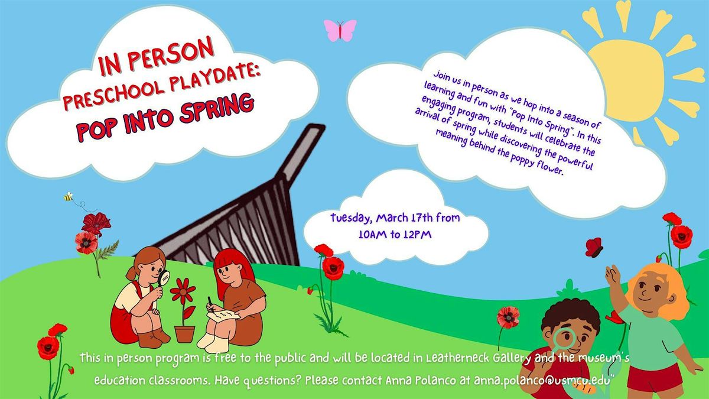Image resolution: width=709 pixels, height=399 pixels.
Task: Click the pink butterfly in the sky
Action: [x=340, y=30]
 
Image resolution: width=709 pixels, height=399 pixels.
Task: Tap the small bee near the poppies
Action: [x=69, y=197]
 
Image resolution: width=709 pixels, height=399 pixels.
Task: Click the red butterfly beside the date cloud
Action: [x=594, y=247]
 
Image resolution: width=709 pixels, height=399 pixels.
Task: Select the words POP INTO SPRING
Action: [x=165, y=117]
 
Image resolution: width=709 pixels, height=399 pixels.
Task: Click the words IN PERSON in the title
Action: [x=157, y=56]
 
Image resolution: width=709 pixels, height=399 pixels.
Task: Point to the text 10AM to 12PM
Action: [x=395, y=235]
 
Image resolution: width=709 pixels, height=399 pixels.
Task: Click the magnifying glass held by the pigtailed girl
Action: [x=163, y=278]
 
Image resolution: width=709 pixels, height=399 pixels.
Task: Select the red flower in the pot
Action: [x=183, y=290]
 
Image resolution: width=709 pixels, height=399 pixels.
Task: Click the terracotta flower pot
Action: [x=185, y=334]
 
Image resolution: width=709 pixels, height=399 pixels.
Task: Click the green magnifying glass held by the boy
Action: [x=565, y=338]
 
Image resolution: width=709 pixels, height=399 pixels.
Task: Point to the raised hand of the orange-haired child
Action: [x=613, y=275]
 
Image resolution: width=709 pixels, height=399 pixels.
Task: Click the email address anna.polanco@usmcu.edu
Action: [x=542, y=379]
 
